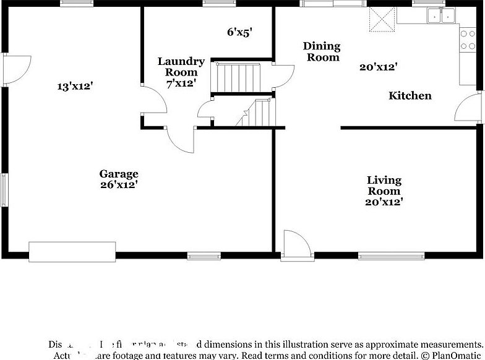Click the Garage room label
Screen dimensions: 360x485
click(x=119, y=174)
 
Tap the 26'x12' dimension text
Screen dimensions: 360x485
click(x=119, y=184)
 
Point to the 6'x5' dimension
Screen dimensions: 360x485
click(x=239, y=32)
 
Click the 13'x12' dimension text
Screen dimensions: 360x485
click(x=74, y=87)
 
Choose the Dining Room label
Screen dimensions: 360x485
click(x=322, y=52)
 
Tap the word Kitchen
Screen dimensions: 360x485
click(x=410, y=96)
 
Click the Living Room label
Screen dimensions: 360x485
click(x=384, y=186)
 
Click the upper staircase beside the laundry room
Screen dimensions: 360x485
click(x=236, y=77)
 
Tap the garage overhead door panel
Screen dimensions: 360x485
click(x=72, y=251)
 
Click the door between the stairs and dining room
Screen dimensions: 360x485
click(x=285, y=75)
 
